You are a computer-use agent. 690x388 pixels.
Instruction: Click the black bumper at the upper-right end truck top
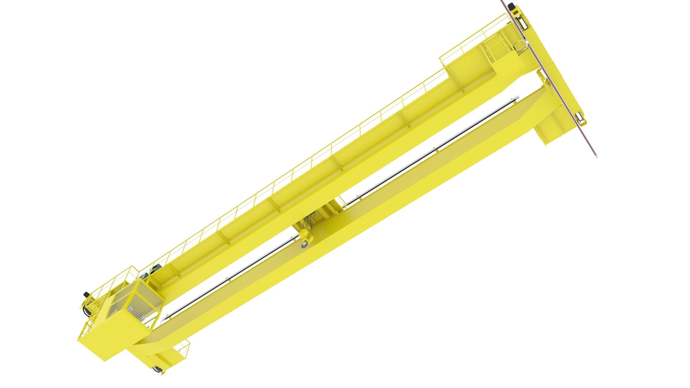coord(510,5)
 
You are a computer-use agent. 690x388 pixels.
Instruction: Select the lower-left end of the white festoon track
coord(166,318)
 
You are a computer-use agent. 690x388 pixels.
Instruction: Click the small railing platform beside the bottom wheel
coord(181,350)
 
